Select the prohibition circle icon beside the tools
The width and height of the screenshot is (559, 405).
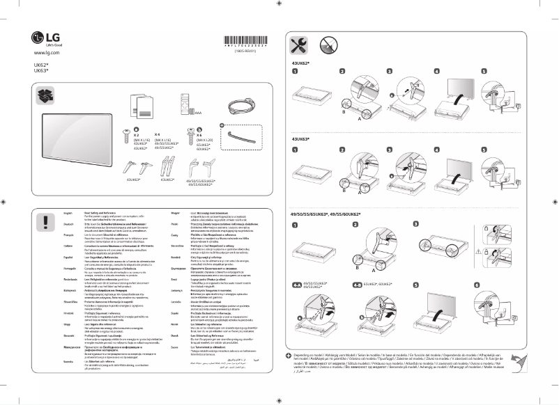click(330, 44)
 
